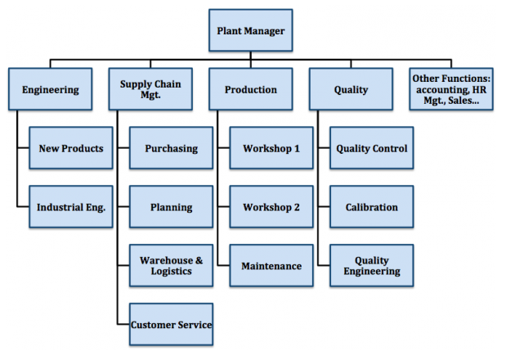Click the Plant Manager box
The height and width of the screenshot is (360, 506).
pyautogui.click(x=250, y=31)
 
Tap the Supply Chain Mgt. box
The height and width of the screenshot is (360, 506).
pyautogui.click(x=150, y=90)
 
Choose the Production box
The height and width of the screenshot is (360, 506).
pyautogui.click(x=250, y=90)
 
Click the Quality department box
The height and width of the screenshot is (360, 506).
pyautogui.click(x=351, y=90)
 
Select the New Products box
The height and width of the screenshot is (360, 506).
pyautogui.click(x=71, y=148)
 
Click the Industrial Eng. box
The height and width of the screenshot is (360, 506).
pyautogui.click(x=71, y=207)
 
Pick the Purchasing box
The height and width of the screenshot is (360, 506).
pyautogui.click(x=171, y=148)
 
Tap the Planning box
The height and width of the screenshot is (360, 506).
pyautogui.click(x=171, y=207)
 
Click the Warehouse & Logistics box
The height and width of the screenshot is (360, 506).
pyautogui.click(x=171, y=266)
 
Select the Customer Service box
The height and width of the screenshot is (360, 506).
pyautogui.click(x=171, y=325)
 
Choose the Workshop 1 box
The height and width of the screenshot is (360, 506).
pyautogui.click(x=271, y=148)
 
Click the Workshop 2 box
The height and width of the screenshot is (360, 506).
pyautogui.click(x=271, y=207)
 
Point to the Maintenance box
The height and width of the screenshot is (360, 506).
pyautogui.click(x=271, y=266)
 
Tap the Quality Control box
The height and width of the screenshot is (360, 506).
pyautogui.click(x=372, y=148)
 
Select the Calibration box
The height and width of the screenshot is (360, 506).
pyautogui.click(x=372, y=207)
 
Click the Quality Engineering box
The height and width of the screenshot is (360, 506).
pyautogui.click(x=372, y=266)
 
